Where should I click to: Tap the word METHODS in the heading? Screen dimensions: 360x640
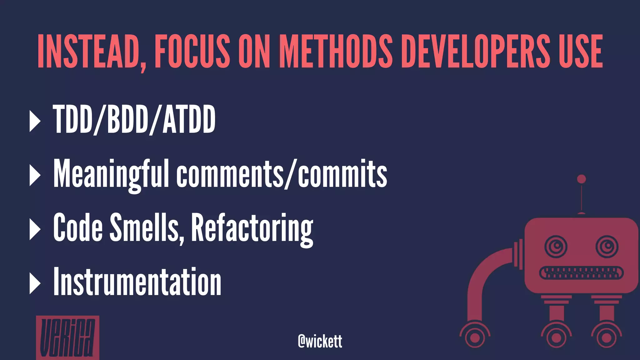point(336,52)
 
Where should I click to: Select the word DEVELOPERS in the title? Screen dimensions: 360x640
point(475,52)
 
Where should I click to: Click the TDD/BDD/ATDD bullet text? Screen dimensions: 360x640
point(134,119)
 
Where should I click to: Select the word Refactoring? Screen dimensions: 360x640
point(252,228)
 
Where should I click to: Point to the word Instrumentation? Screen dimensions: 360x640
point(137,282)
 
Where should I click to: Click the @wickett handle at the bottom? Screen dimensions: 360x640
point(320,341)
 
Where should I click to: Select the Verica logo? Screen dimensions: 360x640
point(67,337)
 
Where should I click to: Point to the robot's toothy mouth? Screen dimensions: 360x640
point(581,273)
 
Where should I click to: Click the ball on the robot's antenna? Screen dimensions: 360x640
point(581,179)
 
